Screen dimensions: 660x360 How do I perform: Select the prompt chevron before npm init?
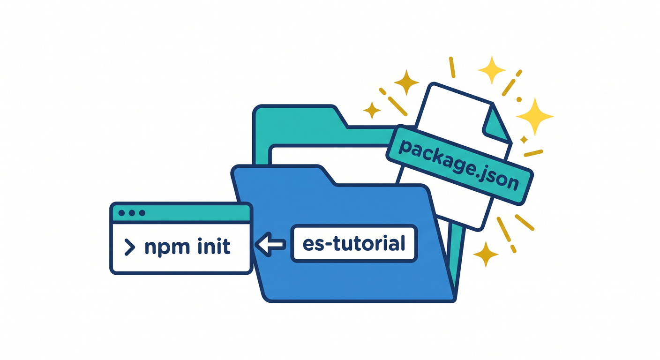(129, 247)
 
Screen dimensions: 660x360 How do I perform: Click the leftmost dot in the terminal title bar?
(121, 213)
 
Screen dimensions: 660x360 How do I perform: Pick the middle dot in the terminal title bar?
(132, 213)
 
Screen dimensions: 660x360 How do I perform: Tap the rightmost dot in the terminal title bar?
(142, 213)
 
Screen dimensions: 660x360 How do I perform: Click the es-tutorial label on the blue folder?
(354, 243)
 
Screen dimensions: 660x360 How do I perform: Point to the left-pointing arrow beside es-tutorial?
(270, 244)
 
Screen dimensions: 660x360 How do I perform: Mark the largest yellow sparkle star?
(535, 117)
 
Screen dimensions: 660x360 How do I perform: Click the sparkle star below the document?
(486, 254)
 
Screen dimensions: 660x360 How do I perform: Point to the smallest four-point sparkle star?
(524, 139)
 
